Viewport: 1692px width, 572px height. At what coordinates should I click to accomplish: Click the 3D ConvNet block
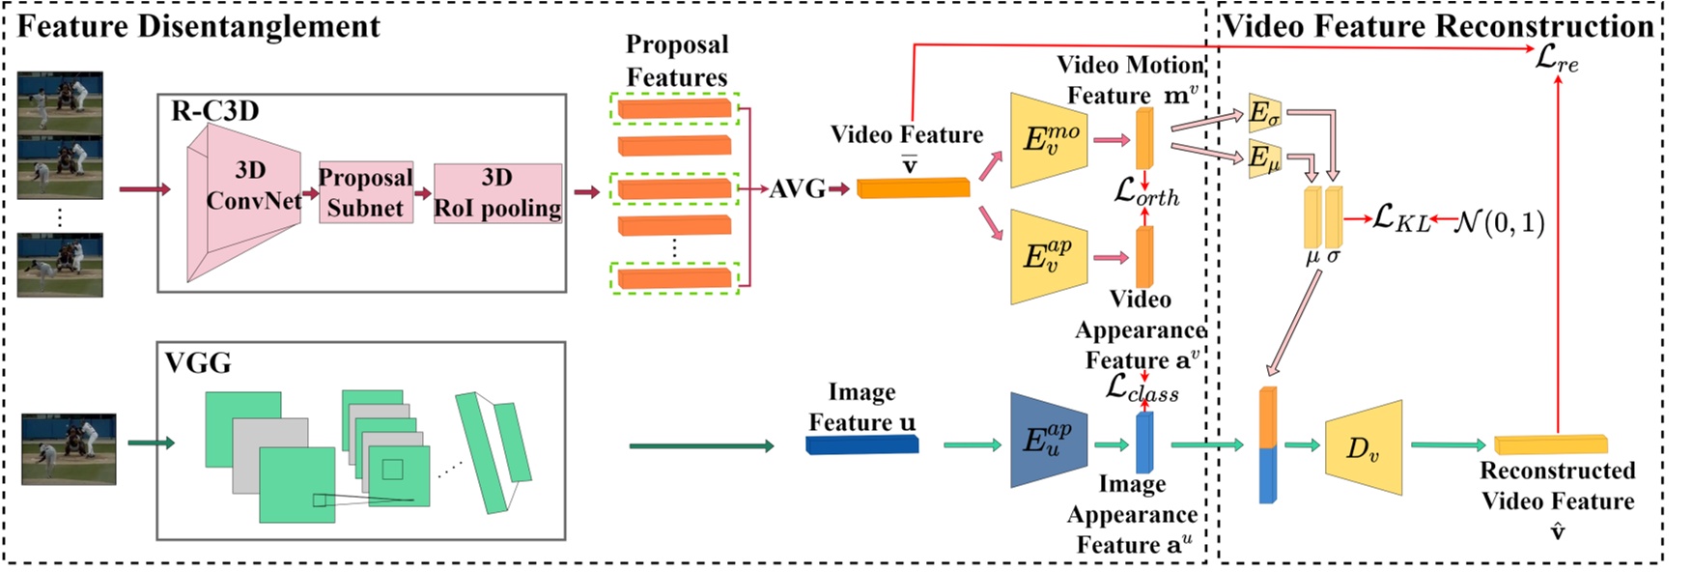[x=243, y=197]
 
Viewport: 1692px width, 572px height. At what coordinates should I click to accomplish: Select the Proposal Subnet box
[x=366, y=192]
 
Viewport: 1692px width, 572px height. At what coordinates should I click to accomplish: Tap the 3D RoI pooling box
[x=497, y=192]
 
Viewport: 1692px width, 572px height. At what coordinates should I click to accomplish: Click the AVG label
[x=797, y=188]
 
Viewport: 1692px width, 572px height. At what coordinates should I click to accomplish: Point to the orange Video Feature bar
[x=913, y=187]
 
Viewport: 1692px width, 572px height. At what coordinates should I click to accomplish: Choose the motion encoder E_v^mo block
[x=1049, y=140]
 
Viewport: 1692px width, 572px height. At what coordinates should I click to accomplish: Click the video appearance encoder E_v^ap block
[x=1049, y=256]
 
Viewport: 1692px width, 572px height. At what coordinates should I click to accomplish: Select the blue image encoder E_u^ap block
[x=1049, y=440]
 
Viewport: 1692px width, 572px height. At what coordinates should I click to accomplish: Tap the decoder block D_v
[x=1363, y=447]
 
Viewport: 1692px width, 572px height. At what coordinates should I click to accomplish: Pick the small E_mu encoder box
[x=1263, y=157]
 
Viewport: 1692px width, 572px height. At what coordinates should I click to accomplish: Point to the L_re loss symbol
[x=1557, y=60]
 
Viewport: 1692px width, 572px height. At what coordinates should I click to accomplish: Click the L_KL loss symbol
[x=1401, y=218]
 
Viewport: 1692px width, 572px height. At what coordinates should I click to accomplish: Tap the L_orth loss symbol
[x=1145, y=192]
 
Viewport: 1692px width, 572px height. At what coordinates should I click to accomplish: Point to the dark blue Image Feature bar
[x=861, y=444]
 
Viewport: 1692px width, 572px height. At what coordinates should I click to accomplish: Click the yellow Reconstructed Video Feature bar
[x=1551, y=444]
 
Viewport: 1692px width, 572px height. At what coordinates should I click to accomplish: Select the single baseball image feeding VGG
[x=69, y=448]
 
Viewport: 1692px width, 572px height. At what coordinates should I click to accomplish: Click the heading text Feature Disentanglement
[x=199, y=26]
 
